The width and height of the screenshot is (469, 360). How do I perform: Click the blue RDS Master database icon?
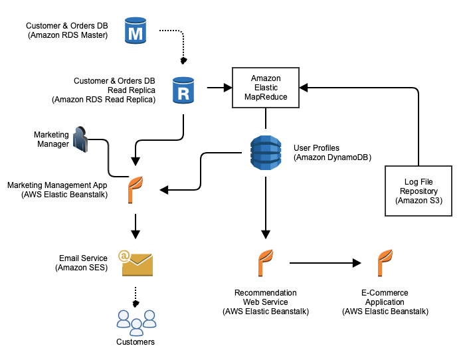(x=136, y=31)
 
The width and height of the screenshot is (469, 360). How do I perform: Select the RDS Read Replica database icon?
(x=183, y=90)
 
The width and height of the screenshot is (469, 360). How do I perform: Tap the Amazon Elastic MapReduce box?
(x=266, y=88)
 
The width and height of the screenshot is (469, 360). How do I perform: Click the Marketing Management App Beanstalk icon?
(x=136, y=189)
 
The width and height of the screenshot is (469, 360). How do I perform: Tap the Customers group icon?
(x=136, y=321)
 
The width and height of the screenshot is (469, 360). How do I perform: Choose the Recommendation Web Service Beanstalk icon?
(x=266, y=262)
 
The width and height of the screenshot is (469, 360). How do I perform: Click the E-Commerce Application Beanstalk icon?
(x=385, y=262)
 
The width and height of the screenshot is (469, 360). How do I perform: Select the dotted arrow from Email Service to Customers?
(x=136, y=296)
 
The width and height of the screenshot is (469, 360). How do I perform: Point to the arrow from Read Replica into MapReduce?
(x=218, y=88)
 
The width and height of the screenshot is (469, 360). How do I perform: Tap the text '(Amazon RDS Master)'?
(x=67, y=35)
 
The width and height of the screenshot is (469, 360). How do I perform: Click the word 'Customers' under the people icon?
(x=136, y=342)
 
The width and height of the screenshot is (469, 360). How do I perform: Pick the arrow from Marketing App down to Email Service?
(x=136, y=226)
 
